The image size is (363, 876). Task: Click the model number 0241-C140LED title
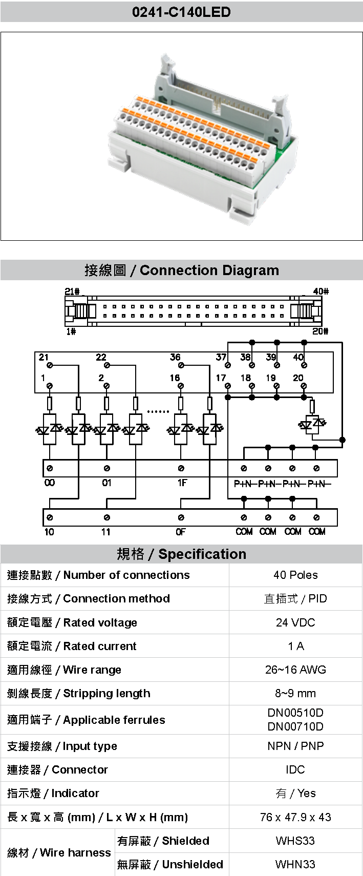[x=181, y=12]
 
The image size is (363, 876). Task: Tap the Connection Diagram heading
[x=182, y=270]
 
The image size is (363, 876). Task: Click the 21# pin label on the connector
[x=72, y=291]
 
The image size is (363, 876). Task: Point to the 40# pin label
[x=321, y=291]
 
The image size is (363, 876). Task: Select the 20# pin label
[x=321, y=331]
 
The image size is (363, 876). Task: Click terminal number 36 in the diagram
[x=175, y=357]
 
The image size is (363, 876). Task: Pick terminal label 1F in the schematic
[x=181, y=483]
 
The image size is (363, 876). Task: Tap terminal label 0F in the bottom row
[x=181, y=532]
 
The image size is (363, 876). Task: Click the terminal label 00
[x=49, y=483]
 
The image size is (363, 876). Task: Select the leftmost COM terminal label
[x=244, y=532]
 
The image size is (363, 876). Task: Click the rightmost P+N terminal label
[x=319, y=484]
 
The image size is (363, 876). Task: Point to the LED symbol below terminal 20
[x=312, y=424]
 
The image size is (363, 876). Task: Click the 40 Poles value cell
[x=295, y=575]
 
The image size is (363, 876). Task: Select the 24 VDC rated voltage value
[x=295, y=622]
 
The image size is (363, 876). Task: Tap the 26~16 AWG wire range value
[x=295, y=670]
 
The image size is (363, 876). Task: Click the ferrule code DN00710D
[x=295, y=726]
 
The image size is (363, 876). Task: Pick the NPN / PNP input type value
[x=295, y=746]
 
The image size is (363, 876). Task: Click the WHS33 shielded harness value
[x=295, y=841]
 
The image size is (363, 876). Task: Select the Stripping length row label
[x=79, y=693]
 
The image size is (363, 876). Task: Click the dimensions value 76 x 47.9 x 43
[x=295, y=817]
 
